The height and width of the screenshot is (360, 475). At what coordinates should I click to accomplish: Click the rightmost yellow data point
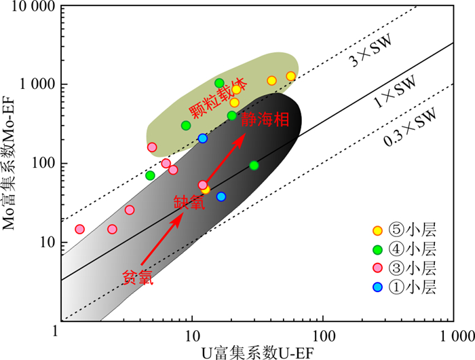point(291,77)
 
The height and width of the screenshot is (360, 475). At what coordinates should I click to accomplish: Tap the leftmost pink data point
point(79,230)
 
